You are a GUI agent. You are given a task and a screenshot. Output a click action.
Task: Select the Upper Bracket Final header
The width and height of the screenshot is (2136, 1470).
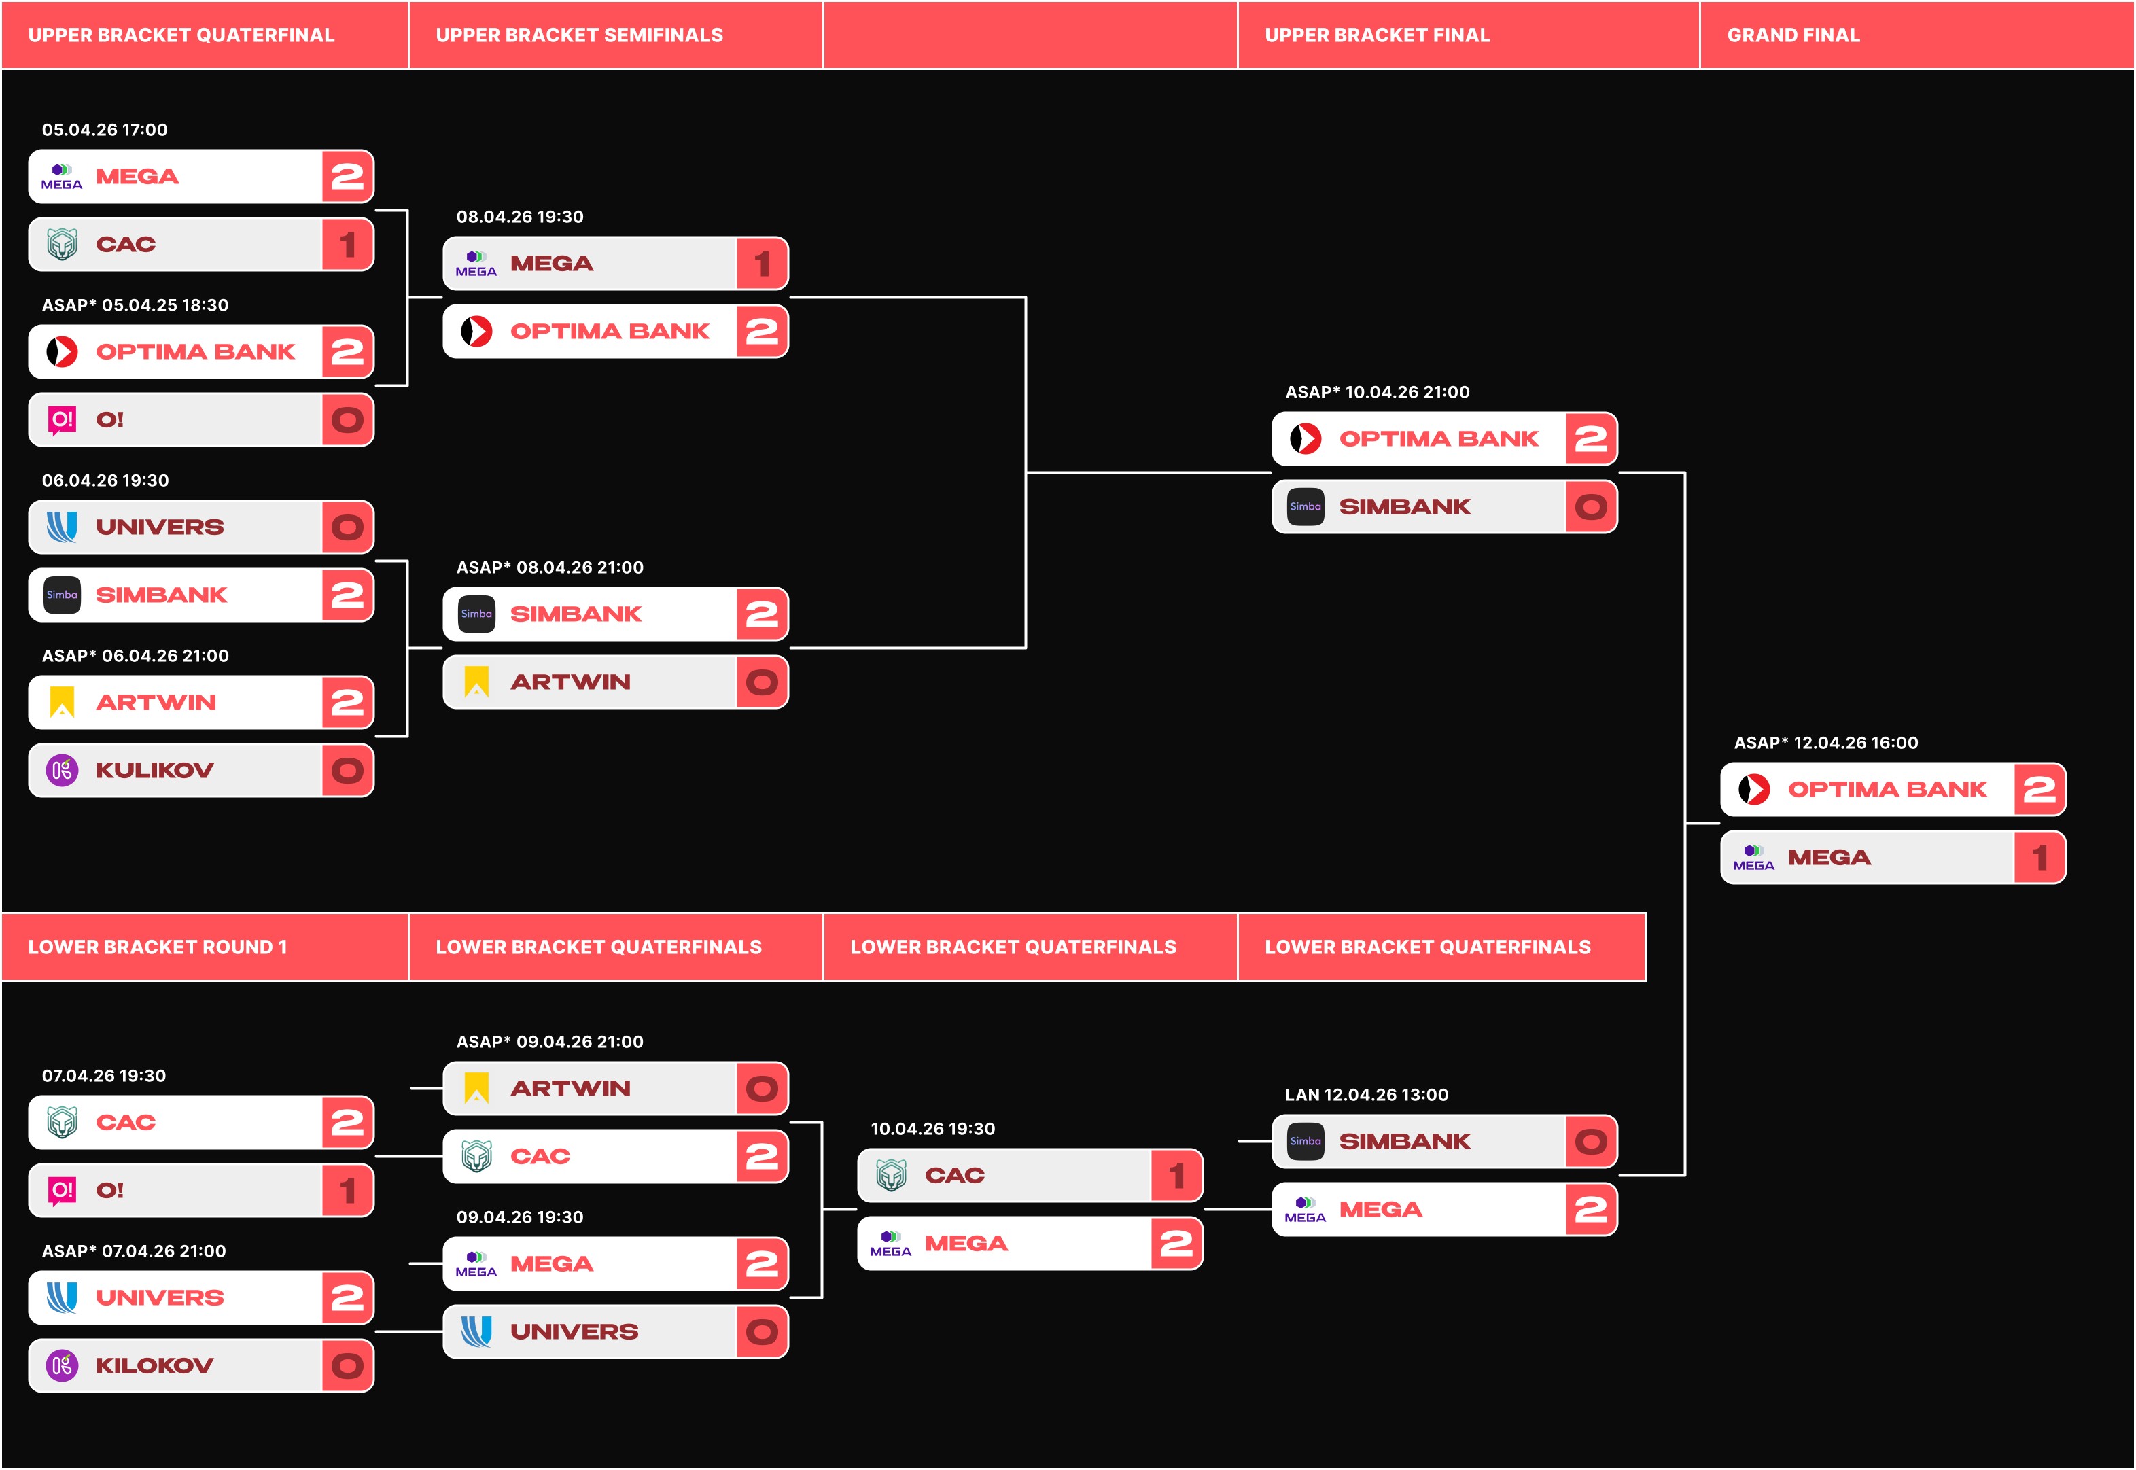click(x=1376, y=35)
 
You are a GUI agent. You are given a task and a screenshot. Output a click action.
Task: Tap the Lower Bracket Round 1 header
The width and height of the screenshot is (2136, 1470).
click(x=158, y=947)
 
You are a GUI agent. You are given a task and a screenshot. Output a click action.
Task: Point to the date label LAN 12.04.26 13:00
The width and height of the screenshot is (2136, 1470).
click(x=1379, y=1094)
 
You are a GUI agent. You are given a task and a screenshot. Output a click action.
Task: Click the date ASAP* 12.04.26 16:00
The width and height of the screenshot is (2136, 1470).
click(x=1825, y=742)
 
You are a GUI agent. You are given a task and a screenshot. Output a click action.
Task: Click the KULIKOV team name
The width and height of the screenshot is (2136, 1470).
click(x=155, y=770)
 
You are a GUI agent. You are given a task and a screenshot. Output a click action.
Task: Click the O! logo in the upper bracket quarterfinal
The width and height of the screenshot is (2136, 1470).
click(x=62, y=420)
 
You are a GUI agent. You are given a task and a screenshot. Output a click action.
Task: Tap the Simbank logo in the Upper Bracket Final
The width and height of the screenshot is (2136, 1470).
click(x=1305, y=506)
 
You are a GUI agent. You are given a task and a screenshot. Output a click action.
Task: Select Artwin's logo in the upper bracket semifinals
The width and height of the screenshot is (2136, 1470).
click(x=476, y=682)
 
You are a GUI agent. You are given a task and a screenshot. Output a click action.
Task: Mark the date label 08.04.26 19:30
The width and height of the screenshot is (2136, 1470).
click(x=519, y=216)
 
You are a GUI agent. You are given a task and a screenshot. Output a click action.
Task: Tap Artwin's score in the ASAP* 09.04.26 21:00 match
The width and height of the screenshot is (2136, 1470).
click(x=762, y=1089)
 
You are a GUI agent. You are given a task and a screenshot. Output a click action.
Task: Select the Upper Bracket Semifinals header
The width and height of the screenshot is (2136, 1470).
click(x=578, y=35)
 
